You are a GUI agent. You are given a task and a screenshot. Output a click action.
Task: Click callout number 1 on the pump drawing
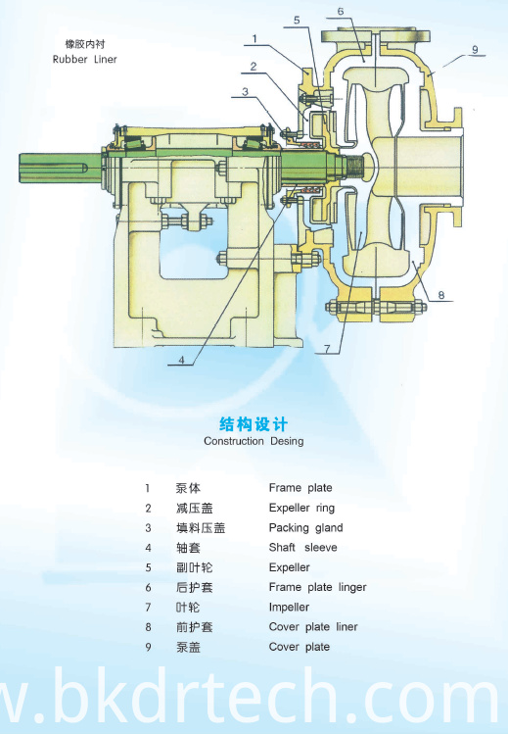(x=254, y=38)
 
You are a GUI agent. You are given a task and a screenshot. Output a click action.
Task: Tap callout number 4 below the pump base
(x=182, y=360)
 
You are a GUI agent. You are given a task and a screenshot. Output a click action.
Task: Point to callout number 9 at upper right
(x=475, y=50)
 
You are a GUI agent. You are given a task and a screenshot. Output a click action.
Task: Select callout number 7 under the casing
(x=327, y=349)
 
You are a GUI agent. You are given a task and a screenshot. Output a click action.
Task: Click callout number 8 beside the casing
(x=441, y=295)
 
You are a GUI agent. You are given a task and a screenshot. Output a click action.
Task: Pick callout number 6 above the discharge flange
(x=341, y=11)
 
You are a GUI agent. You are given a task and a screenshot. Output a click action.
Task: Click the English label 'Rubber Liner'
(x=84, y=60)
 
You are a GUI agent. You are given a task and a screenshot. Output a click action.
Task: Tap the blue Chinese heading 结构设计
(x=254, y=424)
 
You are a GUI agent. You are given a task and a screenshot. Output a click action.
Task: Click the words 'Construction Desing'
(x=254, y=441)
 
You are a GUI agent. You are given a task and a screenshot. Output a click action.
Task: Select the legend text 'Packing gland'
(x=305, y=528)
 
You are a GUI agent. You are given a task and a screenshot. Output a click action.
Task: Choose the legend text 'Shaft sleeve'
(x=302, y=547)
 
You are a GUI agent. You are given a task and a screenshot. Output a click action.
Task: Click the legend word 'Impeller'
(x=289, y=608)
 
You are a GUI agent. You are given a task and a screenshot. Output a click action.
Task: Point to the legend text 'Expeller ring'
(x=301, y=508)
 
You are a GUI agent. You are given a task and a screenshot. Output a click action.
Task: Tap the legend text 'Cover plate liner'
(x=313, y=627)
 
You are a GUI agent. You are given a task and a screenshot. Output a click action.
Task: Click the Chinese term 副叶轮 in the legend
(x=195, y=567)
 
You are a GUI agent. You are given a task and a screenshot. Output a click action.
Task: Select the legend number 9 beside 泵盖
(x=148, y=647)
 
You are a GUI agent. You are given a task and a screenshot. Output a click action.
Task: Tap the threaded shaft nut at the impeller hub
(x=355, y=168)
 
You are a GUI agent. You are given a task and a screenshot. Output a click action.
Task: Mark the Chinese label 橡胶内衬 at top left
(x=85, y=44)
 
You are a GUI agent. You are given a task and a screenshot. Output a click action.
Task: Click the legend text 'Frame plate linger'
(x=318, y=587)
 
